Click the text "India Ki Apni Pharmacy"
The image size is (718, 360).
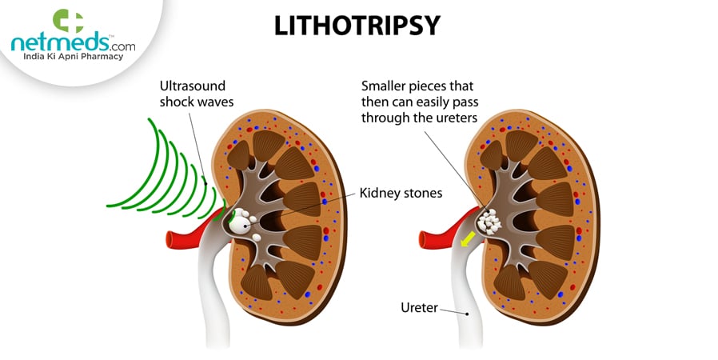pos(71,58)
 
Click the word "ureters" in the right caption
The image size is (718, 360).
pos(455,118)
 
